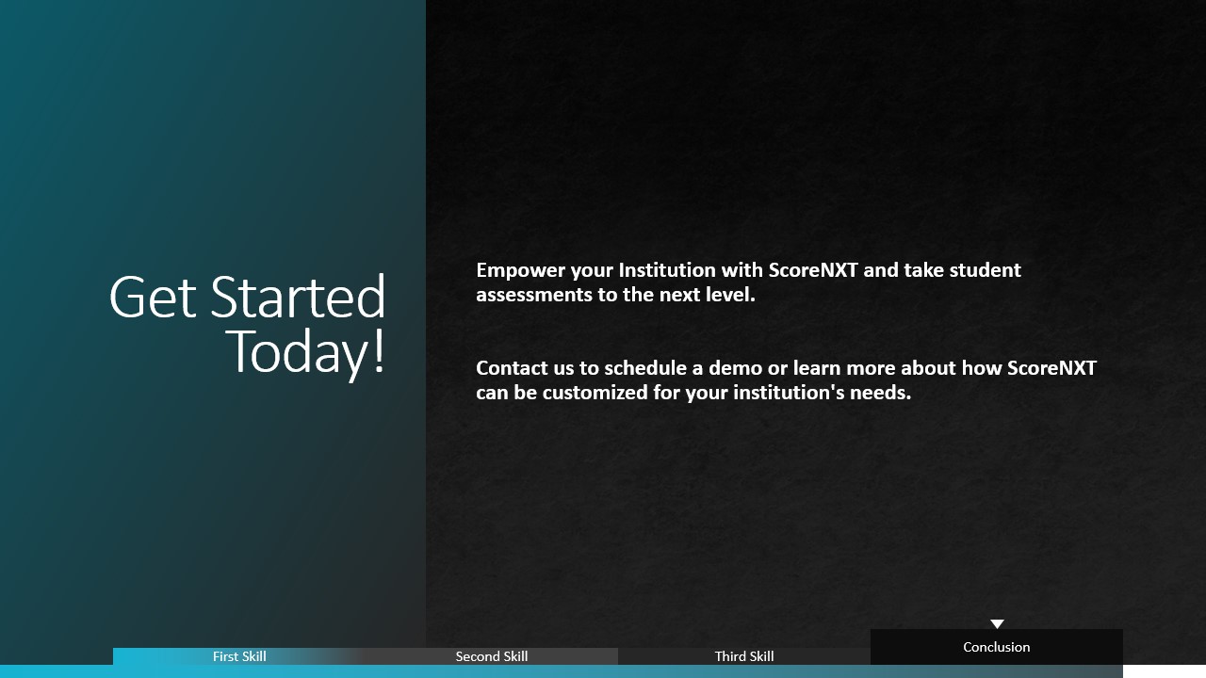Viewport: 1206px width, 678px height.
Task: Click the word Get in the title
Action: [x=153, y=297]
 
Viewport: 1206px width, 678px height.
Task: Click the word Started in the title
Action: [x=298, y=296]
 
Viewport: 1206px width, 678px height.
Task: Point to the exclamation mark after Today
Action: [x=379, y=351]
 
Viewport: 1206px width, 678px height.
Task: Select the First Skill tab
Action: [x=239, y=656]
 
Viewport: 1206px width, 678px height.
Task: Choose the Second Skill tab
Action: [x=492, y=656]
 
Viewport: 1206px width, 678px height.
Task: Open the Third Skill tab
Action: [x=744, y=656]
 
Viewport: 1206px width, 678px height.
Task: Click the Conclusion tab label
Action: [x=997, y=647]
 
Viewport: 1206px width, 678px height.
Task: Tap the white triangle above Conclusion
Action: [x=997, y=623]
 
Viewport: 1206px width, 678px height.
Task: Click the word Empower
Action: [x=521, y=270]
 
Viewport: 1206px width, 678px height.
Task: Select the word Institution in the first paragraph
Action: [x=667, y=270]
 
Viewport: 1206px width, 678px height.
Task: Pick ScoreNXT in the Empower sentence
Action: [x=813, y=270]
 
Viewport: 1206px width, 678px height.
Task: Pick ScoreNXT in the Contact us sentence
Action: [x=1051, y=368]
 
